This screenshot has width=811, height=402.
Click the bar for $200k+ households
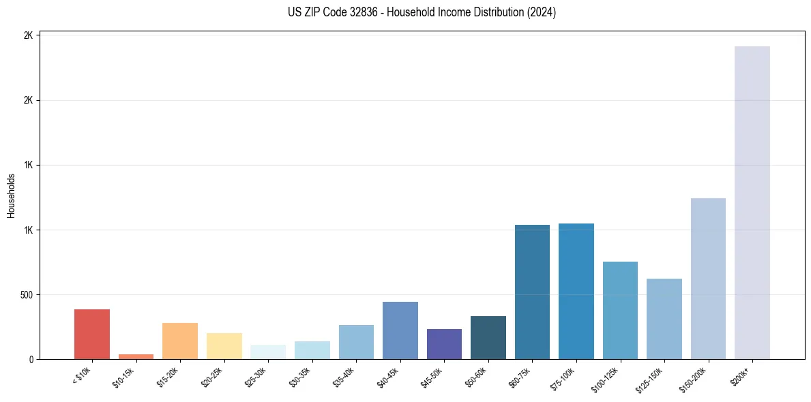click(x=752, y=202)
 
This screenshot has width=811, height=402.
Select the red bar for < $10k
click(x=92, y=334)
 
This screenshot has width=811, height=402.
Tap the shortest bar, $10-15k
click(x=136, y=356)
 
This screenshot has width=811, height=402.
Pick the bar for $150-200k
click(x=708, y=279)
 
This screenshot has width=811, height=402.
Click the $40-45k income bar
click(x=400, y=330)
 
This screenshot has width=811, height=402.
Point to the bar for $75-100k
click(x=576, y=291)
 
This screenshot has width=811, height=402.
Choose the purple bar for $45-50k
click(x=444, y=344)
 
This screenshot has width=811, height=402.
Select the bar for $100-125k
click(x=620, y=310)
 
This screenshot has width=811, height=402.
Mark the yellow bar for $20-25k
click(x=224, y=346)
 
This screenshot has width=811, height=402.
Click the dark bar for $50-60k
click(x=488, y=337)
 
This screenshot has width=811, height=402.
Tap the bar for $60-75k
click(x=532, y=292)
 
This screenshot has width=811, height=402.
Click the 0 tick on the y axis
click(x=31, y=360)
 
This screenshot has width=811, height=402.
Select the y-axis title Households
click(x=12, y=196)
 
